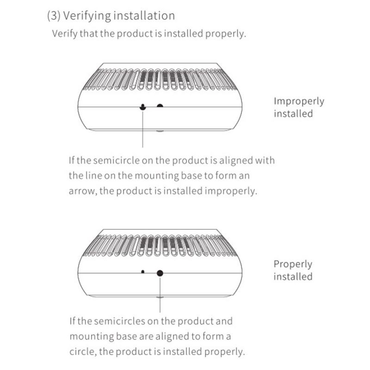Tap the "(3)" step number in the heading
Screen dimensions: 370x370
click(54, 16)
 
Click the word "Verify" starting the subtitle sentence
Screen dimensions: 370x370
click(64, 34)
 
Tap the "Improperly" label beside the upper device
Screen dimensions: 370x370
click(299, 101)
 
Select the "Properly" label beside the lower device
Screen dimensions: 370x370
click(293, 265)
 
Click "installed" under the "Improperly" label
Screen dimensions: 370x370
click(293, 113)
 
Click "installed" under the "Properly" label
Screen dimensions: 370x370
click(293, 277)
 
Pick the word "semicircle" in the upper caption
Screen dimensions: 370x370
click(118, 161)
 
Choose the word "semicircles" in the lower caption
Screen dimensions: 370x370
click(121, 321)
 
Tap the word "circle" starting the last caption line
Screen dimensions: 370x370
click(82, 351)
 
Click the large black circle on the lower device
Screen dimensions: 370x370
click(160, 273)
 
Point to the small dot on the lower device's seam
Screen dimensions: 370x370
click(143, 271)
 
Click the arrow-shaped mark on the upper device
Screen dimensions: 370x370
click(143, 107)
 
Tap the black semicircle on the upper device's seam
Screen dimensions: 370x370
click(160, 106)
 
